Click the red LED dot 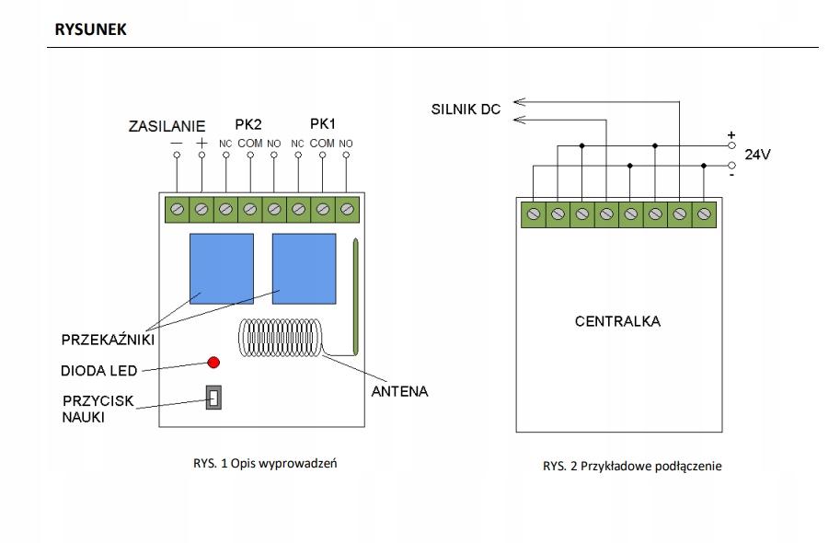[x=213, y=362]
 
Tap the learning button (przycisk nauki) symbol [x=214, y=398]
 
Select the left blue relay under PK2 [x=223, y=269]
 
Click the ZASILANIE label [x=167, y=125]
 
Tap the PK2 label [x=248, y=124]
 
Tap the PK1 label [x=322, y=124]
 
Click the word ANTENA [x=399, y=391]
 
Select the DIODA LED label [x=99, y=371]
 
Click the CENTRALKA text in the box [x=617, y=322]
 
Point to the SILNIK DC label [x=466, y=110]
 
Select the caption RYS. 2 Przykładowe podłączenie [x=632, y=466]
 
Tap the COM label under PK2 [x=249, y=144]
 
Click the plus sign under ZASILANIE [x=201, y=144]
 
